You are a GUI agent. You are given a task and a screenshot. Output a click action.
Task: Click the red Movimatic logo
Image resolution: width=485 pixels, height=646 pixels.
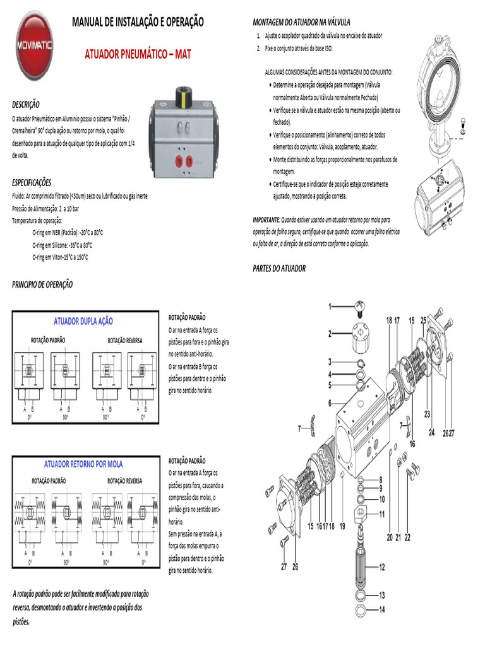pyautogui.click(x=35, y=48)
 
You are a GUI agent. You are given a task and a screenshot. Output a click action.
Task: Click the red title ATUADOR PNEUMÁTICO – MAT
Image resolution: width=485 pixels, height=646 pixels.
pyautogui.click(x=138, y=54)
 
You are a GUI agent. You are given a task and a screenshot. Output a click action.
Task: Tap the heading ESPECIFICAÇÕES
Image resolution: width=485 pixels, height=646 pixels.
pyautogui.click(x=32, y=182)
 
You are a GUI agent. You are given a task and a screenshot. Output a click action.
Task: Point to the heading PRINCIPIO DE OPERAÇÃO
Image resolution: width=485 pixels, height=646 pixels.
pyautogui.click(x=42, y=285)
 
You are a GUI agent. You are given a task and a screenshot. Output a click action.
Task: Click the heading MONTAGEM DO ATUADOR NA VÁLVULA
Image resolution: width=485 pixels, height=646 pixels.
pyautogui.click(x=301, y=22)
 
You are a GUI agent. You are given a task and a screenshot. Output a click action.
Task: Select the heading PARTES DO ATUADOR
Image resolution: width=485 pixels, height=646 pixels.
pyautogui.click(x=279, y=268)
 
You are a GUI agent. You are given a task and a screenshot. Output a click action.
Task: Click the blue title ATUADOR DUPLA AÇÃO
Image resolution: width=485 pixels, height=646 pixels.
pyautogui.click(x=83, y=321)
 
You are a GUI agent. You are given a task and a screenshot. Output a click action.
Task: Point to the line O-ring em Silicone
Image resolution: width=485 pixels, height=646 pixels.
pyautogui.click(x=63, y=245)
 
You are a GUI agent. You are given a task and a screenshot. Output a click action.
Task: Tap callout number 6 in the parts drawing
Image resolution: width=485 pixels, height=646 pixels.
pyautogui.click(x=330, y=402)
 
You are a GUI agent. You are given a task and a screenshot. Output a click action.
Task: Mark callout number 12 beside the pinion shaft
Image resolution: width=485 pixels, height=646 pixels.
pyautogui.click(x=381, y=567)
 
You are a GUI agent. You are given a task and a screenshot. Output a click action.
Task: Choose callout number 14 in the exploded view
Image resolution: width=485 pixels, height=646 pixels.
pyautogui.click(x=381, y=609)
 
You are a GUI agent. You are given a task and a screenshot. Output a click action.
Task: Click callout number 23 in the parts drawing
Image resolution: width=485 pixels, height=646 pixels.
pyautogui.click(x=427, y=414)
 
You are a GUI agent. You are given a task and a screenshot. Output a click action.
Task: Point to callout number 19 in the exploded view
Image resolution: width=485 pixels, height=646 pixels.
pyautogui.click(x=342, y=526)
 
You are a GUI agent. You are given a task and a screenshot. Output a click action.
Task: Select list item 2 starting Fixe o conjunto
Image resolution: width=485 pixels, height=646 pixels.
pyautogui.click(x=294, y=48)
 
